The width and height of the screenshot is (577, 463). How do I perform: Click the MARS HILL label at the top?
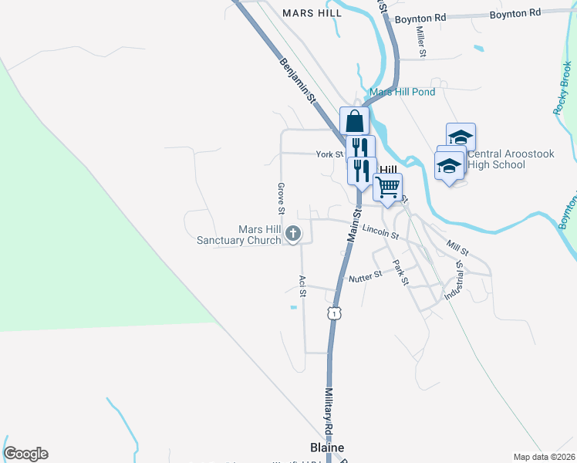coord(312,13)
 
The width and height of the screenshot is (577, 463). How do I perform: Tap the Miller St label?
coord(421,42)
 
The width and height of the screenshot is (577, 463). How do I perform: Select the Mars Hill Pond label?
coord(402,92)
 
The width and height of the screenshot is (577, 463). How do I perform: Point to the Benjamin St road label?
coord(299,80)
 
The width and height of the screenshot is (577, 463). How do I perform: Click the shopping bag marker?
coord(354,121)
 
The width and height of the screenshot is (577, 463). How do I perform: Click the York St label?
coord(329,154)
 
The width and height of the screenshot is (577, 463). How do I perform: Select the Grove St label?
coord(282,198)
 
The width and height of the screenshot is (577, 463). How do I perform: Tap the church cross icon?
coord(293,233)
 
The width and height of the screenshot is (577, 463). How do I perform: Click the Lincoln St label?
coord(380,230)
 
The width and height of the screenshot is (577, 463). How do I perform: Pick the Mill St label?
coord(457,248)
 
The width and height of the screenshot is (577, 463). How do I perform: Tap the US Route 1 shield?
coord(333,313)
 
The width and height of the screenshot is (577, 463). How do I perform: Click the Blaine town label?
coord(327,448)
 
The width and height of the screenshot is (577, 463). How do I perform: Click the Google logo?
coord(25,454)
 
